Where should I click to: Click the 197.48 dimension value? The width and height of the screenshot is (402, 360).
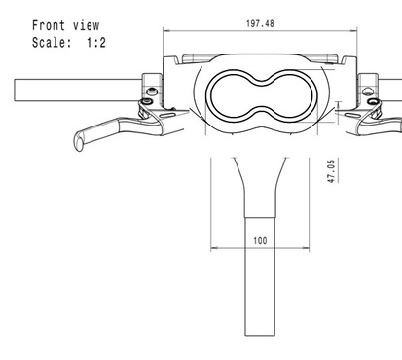coord(260,23)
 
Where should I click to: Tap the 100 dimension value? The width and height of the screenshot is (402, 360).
coord(260,241)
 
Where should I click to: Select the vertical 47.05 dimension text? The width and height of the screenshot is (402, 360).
coord(331,171)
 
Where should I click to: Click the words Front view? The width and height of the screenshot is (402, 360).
coord(66,25)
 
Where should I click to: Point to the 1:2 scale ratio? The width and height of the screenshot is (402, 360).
coord(96,43)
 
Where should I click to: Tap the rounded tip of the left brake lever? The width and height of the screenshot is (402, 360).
coord(79,142)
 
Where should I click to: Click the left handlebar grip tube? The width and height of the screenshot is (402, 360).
coord(78,90)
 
